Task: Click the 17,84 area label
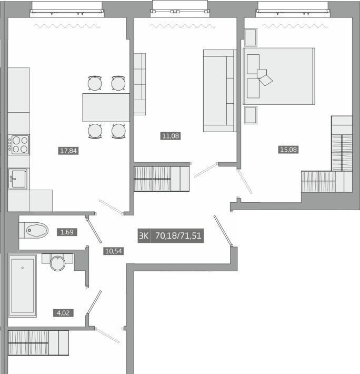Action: [x=68, y=151]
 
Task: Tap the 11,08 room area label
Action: [x=171, y=136]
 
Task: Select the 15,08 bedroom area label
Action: [x=288, y=150]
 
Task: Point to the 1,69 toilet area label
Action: [x=67, y=232]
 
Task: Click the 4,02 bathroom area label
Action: [x=63, y=313]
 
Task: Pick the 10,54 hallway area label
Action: [x=113, y=251]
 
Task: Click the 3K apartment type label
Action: [x=144, y=235]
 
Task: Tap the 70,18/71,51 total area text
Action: [x=178, y=235]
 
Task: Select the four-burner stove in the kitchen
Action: [x=18, y=145]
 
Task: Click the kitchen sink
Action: [x=18, y=179]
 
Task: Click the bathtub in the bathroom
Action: [x=23, y=286]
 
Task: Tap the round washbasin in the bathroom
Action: [x=57, y=263]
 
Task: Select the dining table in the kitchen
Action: [x=106, y=107]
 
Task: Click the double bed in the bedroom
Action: [x=279, y=76]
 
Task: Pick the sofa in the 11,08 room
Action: [x=219, y=91]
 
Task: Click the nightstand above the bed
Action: [x=251, y=37]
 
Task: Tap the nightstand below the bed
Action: [x=251, y=115]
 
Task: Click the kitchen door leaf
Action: [x=111, y=207]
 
